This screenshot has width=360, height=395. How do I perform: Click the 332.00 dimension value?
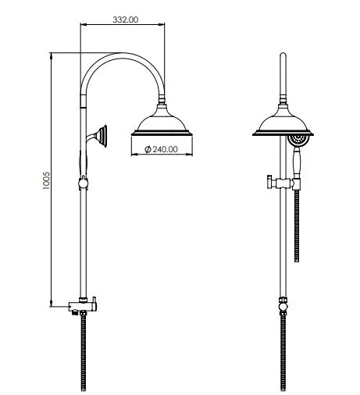[x=125, y=20]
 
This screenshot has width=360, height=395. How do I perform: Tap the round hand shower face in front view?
[x=298, y=141]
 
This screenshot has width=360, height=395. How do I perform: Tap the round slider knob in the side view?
[x=82, y=184]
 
